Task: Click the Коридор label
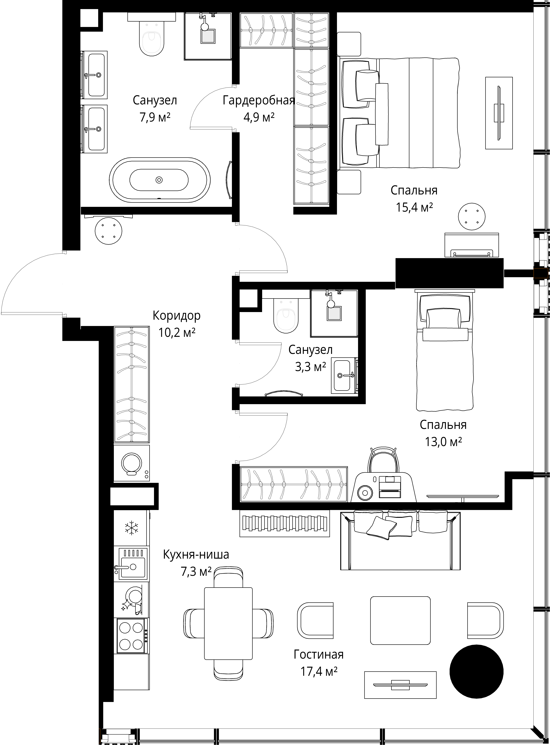pos(176,315)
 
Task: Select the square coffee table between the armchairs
pos(400,620)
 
